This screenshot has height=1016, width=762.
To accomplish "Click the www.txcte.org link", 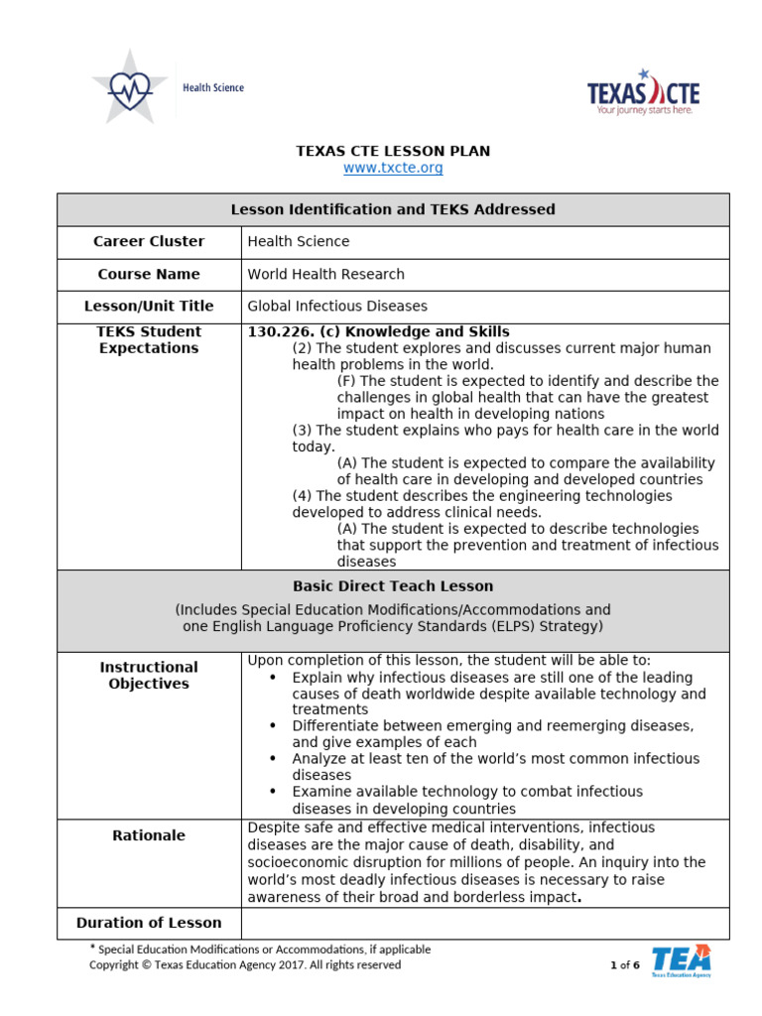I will click(x=393, y=169).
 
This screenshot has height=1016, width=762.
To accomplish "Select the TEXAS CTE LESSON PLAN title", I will click(x=393, y=151).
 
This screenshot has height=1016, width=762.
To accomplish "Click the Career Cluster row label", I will click(x=149, y=242).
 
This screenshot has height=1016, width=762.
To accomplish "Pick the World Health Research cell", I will click(x=325, y=275).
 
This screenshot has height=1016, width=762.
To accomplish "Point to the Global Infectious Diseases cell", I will click(x=336, y=307).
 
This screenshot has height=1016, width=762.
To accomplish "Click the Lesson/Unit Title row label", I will click(x=149, y=307).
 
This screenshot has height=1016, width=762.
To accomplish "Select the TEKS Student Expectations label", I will click(x=149, y=340).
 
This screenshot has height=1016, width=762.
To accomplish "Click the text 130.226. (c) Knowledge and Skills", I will click(x=378, y=331).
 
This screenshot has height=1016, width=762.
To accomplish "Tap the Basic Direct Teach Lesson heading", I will click(x=393, y=586).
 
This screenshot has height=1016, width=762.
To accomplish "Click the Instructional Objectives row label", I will click(x=149, y=676).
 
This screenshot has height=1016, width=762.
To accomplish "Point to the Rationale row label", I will click(x=149, y=835).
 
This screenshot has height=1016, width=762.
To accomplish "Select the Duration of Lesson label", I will click(x=149, y=923).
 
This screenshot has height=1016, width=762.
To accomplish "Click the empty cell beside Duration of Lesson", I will click(x=484, y=923).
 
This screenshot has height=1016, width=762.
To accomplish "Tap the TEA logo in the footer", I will click(x=681, y=961).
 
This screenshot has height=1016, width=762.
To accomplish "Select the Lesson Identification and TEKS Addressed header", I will click(x=393, y=209).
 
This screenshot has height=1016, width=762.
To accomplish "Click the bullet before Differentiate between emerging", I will click(x=273, y=726).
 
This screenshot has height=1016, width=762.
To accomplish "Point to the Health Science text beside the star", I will click(x=213, y=88).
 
